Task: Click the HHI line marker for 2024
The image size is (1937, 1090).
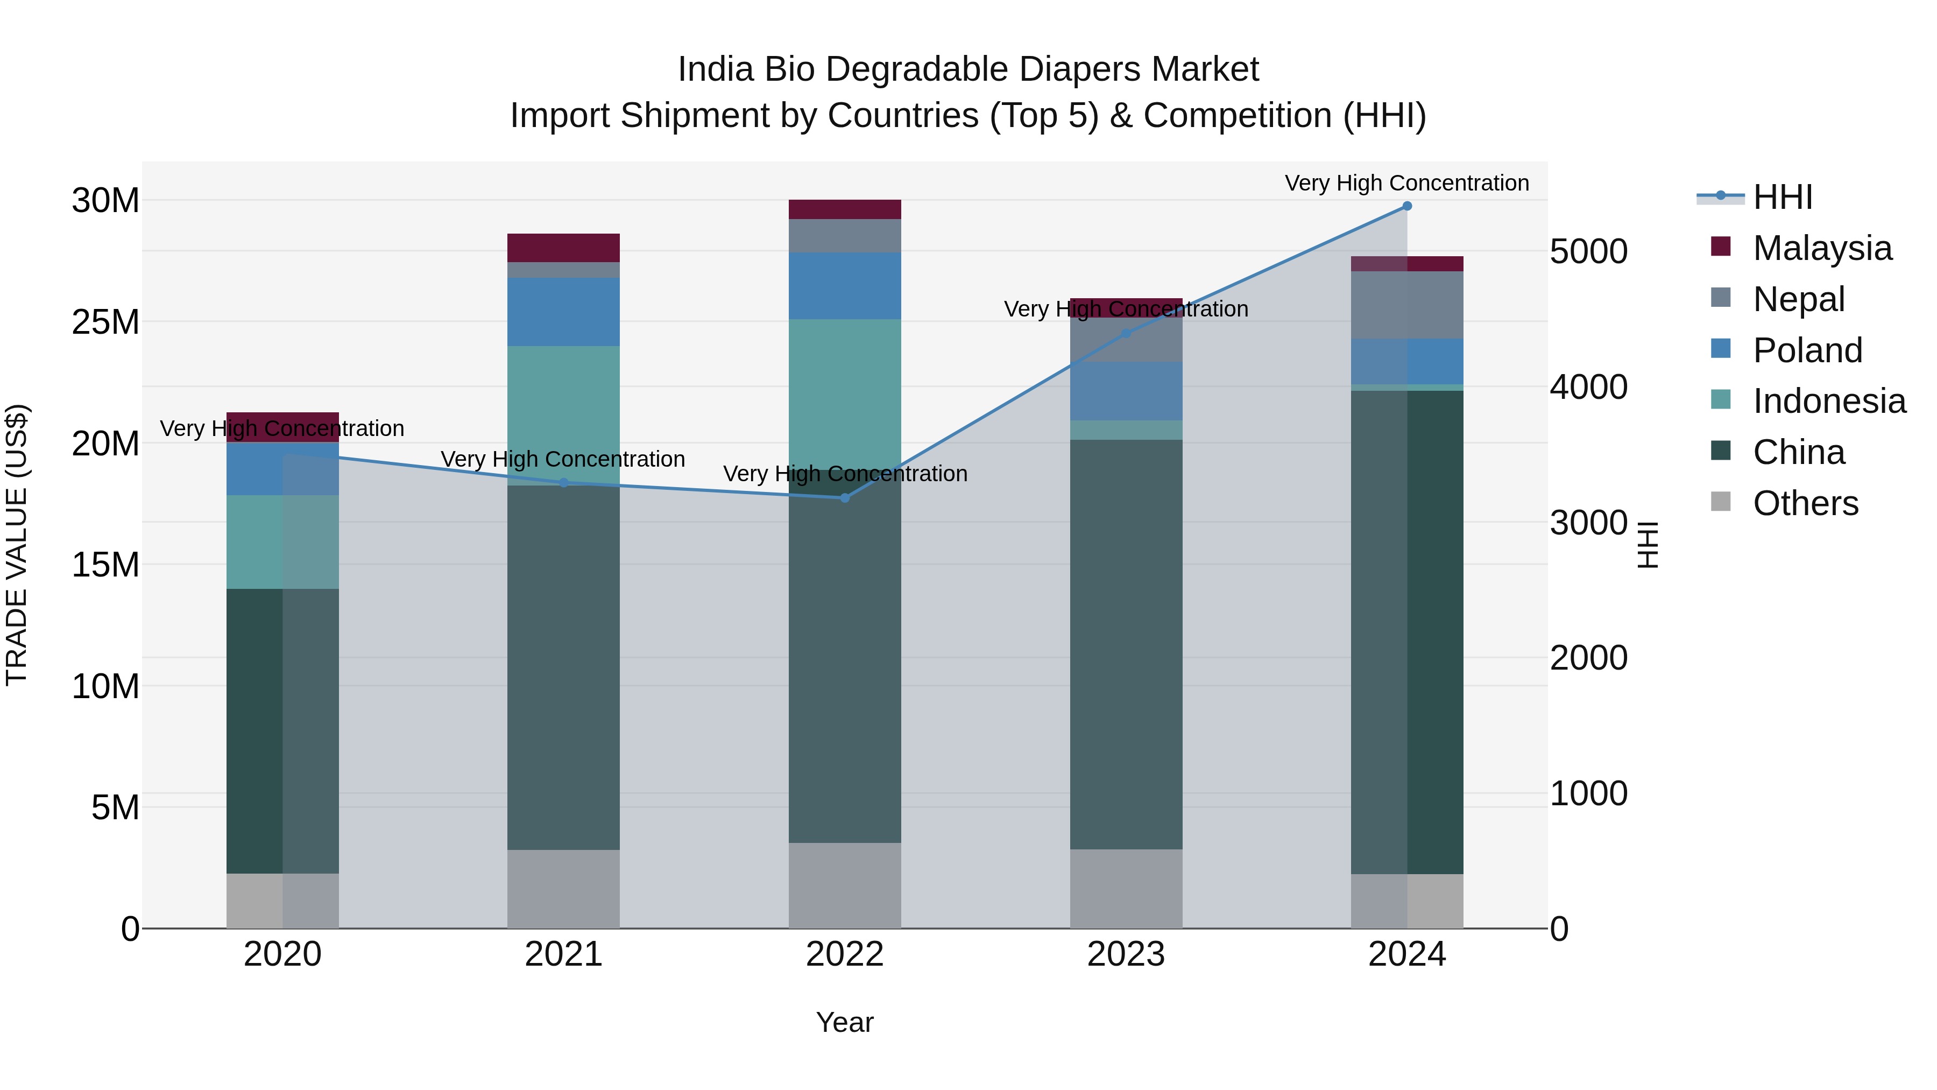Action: [1407, 206]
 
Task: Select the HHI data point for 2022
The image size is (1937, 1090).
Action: [844, 498]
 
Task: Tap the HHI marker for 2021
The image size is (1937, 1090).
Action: [564, 483]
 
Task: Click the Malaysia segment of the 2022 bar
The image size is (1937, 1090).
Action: [844, 209]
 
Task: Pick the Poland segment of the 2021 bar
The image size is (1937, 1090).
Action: [563, 312]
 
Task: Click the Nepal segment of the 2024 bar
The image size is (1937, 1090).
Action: [1407, 305]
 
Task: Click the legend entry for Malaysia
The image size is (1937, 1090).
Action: [1821, 248]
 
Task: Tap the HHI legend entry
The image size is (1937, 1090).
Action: [1782, 197]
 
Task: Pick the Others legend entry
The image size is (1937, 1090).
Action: [1805, 503]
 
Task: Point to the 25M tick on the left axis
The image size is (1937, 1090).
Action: [105, 322]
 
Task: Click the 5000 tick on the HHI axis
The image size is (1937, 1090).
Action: [1588, 251]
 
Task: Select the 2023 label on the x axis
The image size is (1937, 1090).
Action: [1126, 954]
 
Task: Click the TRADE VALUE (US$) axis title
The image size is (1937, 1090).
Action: [17, 545]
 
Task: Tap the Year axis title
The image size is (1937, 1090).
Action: [844, 1022]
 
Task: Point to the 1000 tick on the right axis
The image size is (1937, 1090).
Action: [1588, 793]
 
